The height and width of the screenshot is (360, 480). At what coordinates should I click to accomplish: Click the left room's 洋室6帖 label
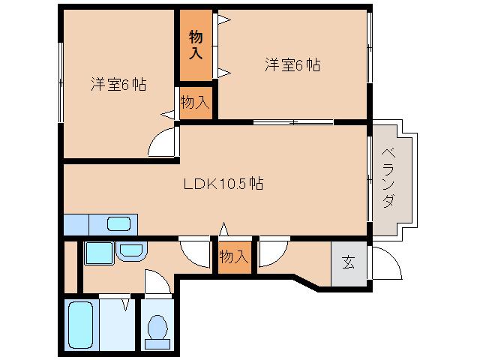pos(118,85)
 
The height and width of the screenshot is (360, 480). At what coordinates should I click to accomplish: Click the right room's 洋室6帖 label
pos(292,65)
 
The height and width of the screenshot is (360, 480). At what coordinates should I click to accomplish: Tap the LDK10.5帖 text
pos(223,183)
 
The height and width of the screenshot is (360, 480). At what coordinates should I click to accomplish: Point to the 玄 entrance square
pos(349,262)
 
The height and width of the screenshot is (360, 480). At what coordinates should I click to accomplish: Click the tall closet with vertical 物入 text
pos(196,45)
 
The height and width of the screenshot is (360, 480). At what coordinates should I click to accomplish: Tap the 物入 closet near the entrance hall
pos(233,256)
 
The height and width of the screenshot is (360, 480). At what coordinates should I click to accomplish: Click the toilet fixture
pos(158,329)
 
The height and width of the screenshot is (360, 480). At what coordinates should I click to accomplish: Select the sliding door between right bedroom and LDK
pos(292,121)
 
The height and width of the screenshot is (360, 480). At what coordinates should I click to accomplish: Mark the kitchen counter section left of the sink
pos(76,224)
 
